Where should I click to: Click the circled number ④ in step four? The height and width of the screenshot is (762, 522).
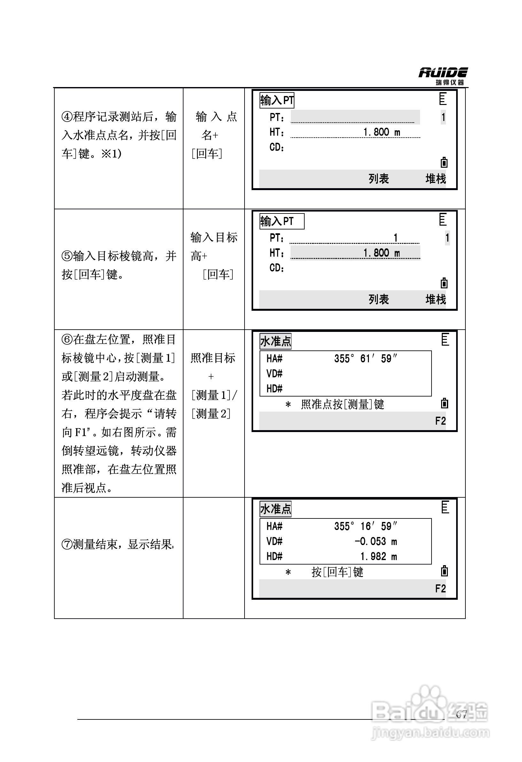pyautogui.click(x=67, y=117)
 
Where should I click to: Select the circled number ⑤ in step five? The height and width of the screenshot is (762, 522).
pyautogui.click(x=67, y=256)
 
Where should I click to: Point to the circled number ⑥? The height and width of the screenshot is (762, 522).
pyautogui.click(x=67, y=340)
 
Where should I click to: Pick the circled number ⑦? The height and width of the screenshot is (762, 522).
pyautogui.click(x=67, y=545)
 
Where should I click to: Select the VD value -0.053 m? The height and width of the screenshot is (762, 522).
pyautogui.click(x=376, y=541)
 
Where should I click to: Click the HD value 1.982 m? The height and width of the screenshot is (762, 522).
pyautogui.click(x=378, y=557)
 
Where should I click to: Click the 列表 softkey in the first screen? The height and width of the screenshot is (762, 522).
pyautogui.click(x=378, y=179)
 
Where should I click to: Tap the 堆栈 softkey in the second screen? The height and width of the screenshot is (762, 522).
pyautogui.click(x=436, y=299)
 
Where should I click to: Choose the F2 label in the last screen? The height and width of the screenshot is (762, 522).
pyautogui.click(x=440, y=589)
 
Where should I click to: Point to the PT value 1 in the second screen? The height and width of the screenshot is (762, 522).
pyautogui.click(x=396, y=238)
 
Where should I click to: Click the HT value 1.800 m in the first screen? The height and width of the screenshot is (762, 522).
pyautogui.click(x=382, y=132)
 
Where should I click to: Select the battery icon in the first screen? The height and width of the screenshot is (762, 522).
pyautogui.click(x=444, y=162)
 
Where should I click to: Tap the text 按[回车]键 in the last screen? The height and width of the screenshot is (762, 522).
pyautogui.click(x=337, y=572)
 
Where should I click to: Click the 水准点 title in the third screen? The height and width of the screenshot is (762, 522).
pyautogui.click(x=276, y=342)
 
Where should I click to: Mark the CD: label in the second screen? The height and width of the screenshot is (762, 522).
pyautogui.click(x=277, y=268)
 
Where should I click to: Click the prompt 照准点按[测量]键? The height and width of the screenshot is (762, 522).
pyautogui.click(x=342, y=404)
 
